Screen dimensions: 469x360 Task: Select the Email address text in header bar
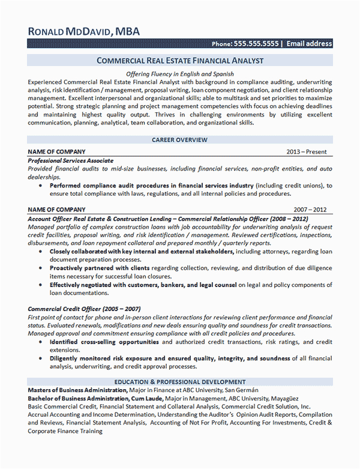(309, 44)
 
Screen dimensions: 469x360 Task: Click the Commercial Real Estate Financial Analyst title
(179, 61)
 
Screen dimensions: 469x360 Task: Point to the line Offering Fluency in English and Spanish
(179, 73)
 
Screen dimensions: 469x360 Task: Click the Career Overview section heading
(179, 140)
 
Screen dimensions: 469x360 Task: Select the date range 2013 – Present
(307, 152)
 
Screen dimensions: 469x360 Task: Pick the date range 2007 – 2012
(310, 210)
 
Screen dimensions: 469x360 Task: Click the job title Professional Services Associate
(71, 161)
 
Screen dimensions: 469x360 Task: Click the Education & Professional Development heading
(179, 381)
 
